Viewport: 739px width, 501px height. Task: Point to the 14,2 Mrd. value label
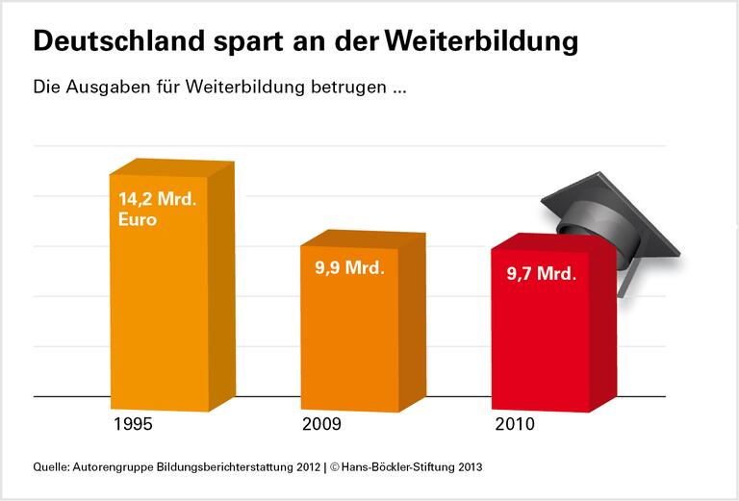157,200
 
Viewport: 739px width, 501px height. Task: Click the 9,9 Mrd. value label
349,268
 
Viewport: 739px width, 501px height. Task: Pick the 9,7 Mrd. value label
542,274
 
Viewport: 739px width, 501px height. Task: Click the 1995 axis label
133,423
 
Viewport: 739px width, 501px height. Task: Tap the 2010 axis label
517,423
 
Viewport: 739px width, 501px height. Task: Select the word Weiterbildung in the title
482,42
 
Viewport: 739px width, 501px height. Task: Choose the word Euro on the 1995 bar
138,219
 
